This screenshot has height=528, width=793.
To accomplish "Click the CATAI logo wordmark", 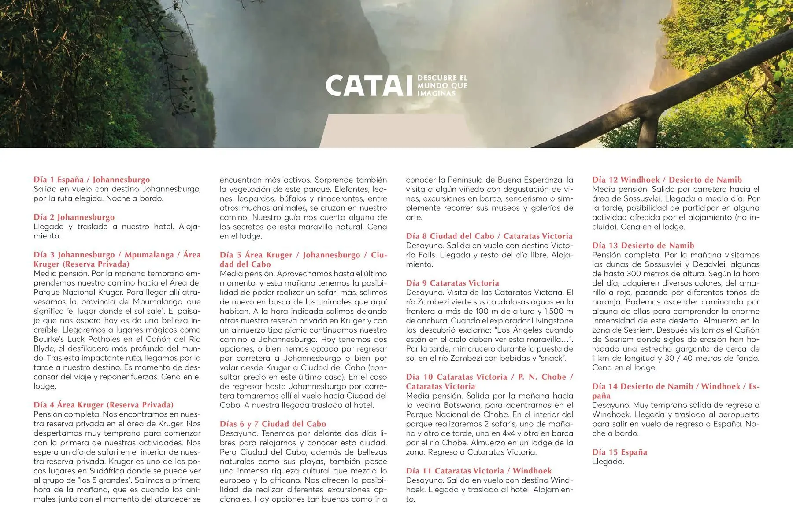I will click(x=365, y=86).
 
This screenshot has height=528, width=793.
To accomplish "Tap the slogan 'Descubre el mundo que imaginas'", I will click(x=442, y=86).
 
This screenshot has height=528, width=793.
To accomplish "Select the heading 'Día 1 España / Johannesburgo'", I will click(x=92, y=180).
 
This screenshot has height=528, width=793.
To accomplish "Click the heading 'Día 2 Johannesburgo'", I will click(x=74, y=217).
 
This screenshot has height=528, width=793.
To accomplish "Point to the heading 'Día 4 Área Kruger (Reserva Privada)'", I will click(x=104, y=405).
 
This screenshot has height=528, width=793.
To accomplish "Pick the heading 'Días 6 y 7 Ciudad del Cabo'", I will click(x=273, y=424).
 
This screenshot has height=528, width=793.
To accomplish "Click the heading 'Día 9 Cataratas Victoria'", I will click(x=452, y=283).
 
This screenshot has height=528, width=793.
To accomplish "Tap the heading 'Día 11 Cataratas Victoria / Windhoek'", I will click(x=479, y=471).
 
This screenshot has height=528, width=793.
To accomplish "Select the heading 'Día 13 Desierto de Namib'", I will click(x=643, y=246).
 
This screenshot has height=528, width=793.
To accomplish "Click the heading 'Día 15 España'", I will click(x=619, y=452).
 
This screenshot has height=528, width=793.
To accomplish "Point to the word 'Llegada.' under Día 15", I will click(x=608, y=462).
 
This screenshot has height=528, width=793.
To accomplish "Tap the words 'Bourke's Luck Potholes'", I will click(x=77, y=339).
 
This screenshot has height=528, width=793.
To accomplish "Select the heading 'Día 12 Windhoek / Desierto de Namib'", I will click(x=667, y=180).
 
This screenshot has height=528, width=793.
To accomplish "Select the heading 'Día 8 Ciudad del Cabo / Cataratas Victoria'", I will click(x=489, y=236).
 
